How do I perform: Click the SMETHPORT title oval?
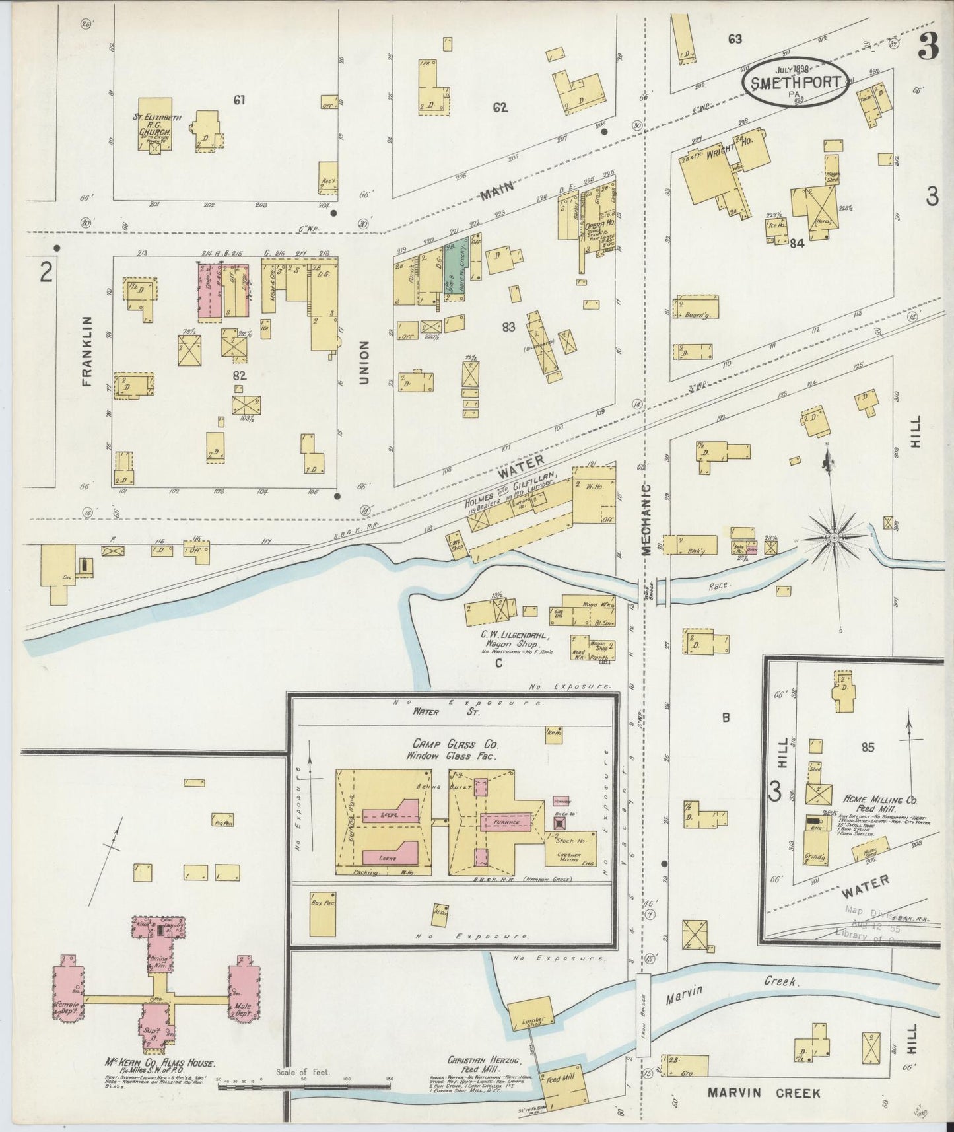coord(796,81)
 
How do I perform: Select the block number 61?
coord(239,100)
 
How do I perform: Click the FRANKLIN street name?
coord(86,350)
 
